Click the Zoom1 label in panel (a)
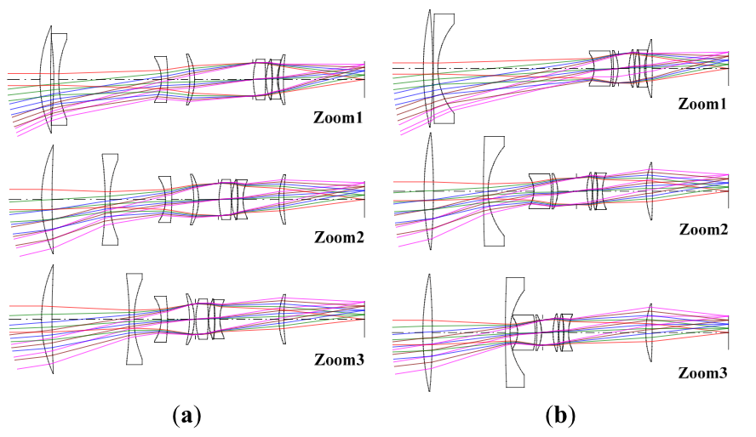[337, 118]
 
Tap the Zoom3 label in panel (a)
[337, 360]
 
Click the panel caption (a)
[186, 416]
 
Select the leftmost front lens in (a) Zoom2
[50, 199]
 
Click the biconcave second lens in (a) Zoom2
[110, 200]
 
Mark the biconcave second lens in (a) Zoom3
[134, 320]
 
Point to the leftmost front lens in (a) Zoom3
[50, 318]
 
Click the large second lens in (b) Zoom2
[491, 191]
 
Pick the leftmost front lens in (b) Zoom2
[429, 192]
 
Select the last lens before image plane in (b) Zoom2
[650, 190]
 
